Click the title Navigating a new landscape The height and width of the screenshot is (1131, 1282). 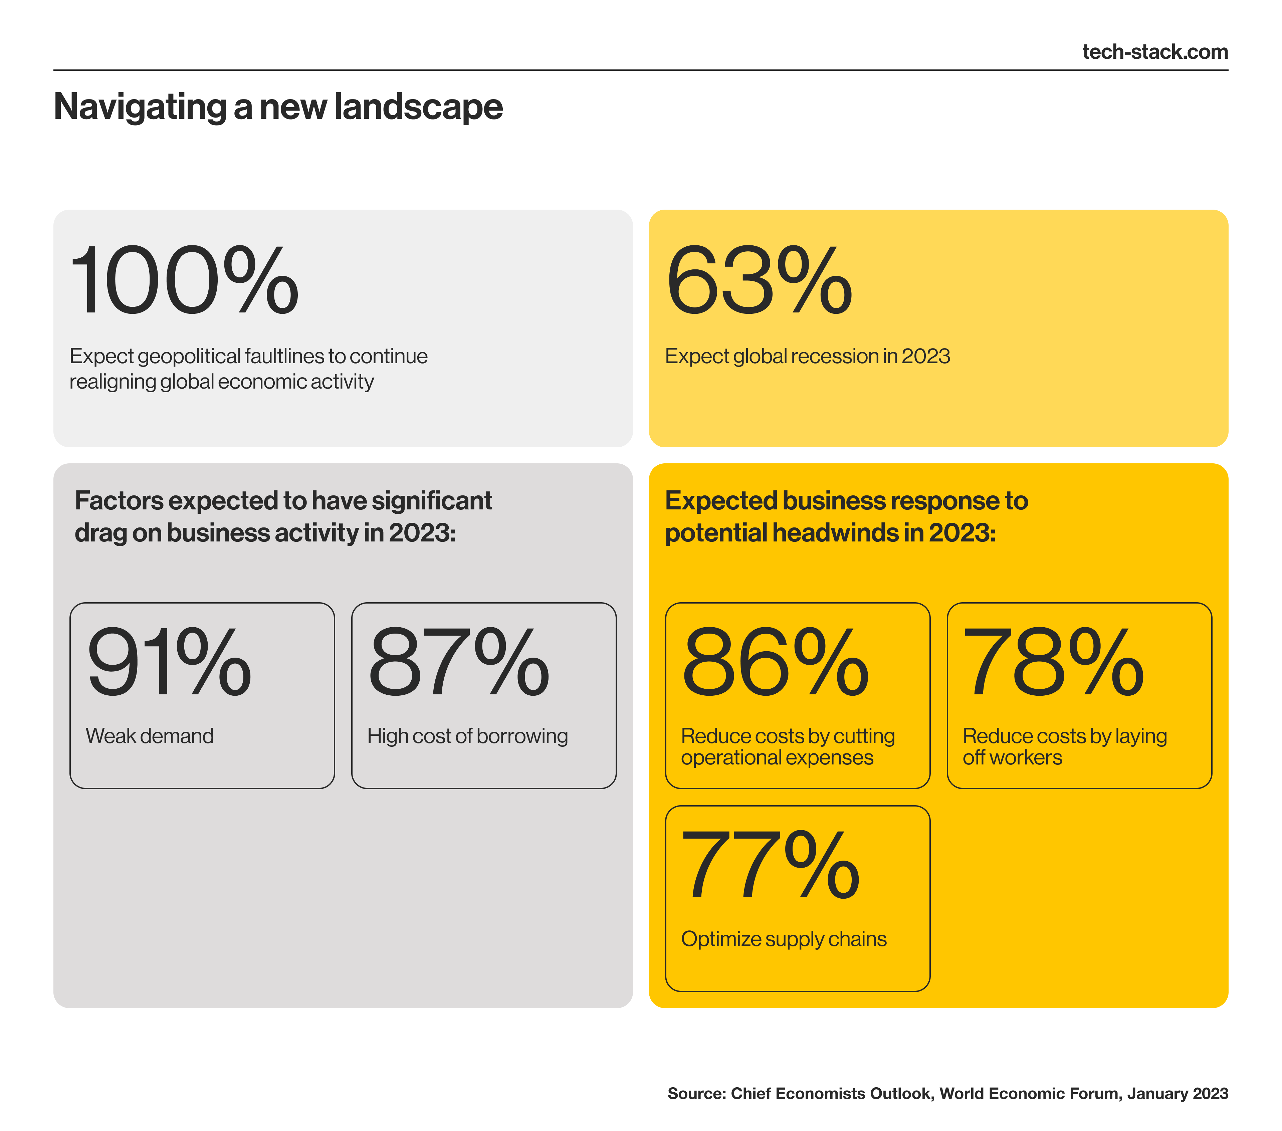[x=278, y=106]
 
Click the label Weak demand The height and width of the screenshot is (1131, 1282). [x=149, y=736]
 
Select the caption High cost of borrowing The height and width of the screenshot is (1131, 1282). [x=467, y=736]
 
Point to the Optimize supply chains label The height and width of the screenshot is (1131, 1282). [x=783, y=939]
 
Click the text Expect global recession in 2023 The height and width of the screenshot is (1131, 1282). [x=807, y=356]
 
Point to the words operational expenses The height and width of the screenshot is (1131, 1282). [x=777, y=758]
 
